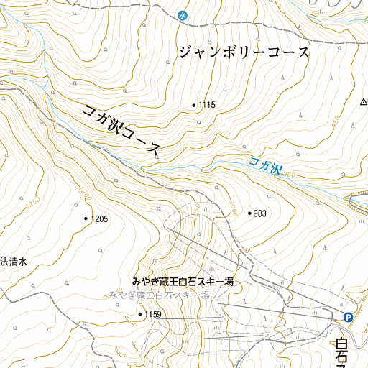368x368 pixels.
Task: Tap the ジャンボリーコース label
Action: point(244,53)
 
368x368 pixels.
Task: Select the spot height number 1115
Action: point(207,106)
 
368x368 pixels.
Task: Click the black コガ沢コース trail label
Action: point(121,130)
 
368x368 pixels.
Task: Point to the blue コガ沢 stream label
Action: point(264,166)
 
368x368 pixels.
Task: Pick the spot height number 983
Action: point(260,213)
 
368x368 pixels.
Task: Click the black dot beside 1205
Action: point(86,218)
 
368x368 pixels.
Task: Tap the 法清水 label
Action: point(12,262)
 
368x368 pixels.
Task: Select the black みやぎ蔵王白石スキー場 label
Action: point(183,282)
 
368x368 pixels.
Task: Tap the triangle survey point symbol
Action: point(363,102)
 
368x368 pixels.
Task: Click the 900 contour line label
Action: point(289,175)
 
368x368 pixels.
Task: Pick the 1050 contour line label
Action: point(195,208)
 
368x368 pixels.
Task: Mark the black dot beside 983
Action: point(249,213)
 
